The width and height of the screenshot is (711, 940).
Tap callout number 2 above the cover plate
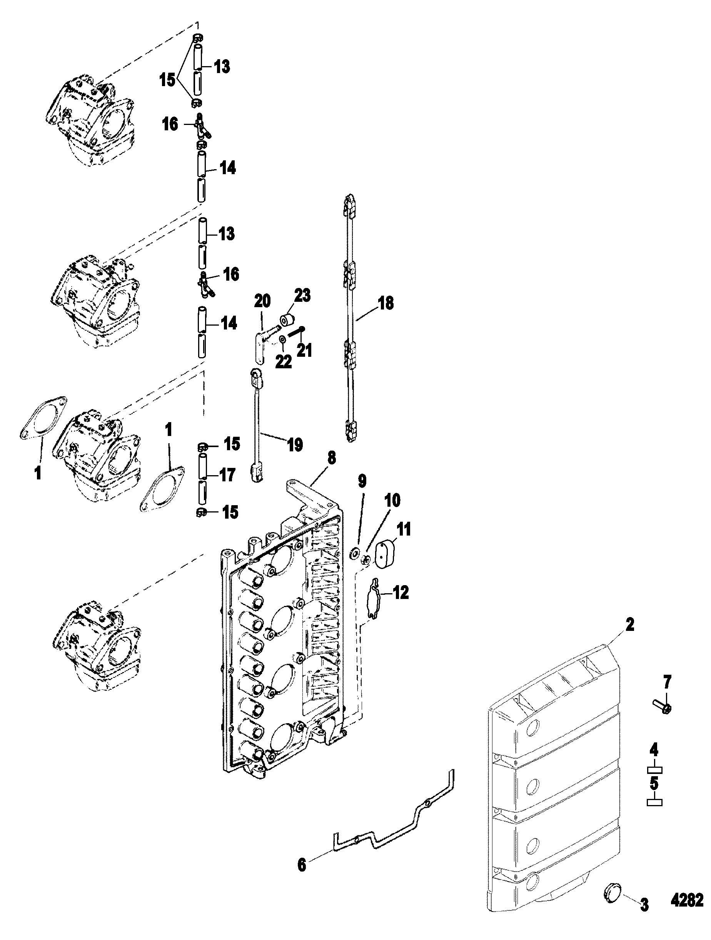pyautogui.click(x=630, y=625)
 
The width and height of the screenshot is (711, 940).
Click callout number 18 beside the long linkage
pyautogui.click(x=386, y=303)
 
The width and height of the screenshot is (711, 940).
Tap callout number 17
pyautogui.click(x=227, y=475)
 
